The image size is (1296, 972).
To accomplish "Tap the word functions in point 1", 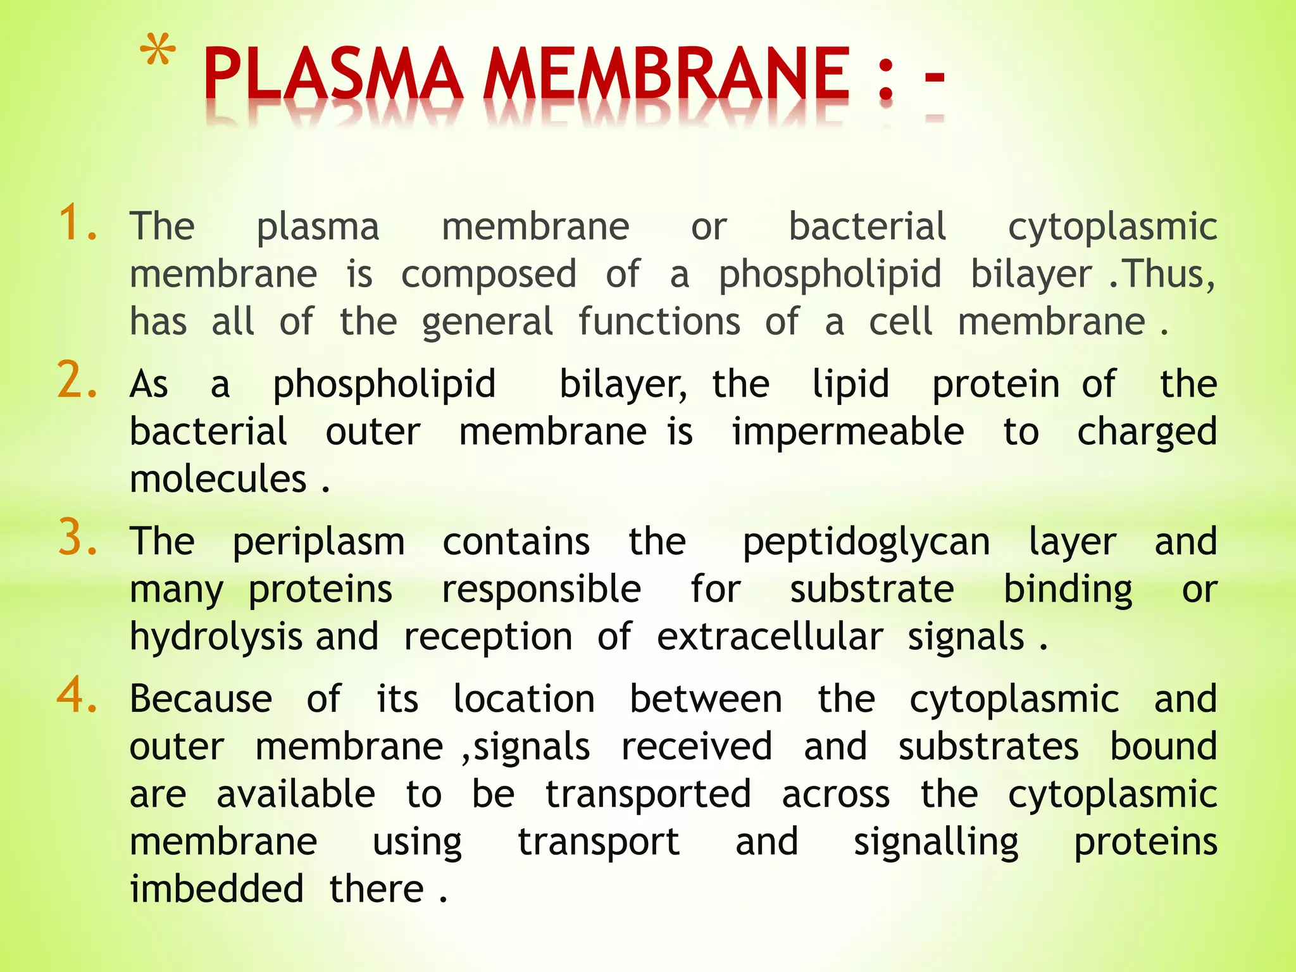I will (659, 321).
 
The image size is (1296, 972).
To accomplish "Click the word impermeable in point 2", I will (848, 432).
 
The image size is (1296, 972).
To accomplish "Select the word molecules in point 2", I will (218, 479).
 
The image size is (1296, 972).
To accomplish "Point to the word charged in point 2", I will (1147, 433).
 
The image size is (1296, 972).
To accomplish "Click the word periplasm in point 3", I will (318, 543).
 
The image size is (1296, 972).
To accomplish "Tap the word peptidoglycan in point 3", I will (866, 543).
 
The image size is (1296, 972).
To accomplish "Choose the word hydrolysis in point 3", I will (215, 637).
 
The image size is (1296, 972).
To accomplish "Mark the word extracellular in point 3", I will (769, 637).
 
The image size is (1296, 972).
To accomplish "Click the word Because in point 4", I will (201, 699).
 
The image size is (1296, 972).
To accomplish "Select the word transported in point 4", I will (648, 795).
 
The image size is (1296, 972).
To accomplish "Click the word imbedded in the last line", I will (216, 888).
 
